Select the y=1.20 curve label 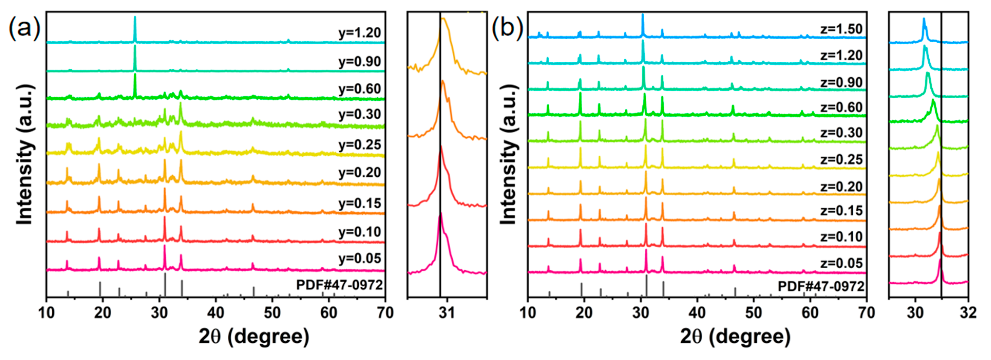coord(360,33)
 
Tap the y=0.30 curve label coord(360,114)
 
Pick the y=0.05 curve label coord(360,259)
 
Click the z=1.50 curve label coord(842,29)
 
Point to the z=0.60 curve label coord(842,107)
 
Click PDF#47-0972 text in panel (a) coord(340,285)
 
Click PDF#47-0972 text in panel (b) coord(821,287)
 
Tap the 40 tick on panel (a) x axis coord(215,313)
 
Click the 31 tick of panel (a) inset coord(447,313)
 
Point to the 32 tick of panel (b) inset coord(968,313)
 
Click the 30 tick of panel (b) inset coord(915,313)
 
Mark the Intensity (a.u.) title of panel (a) coord(25,154)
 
